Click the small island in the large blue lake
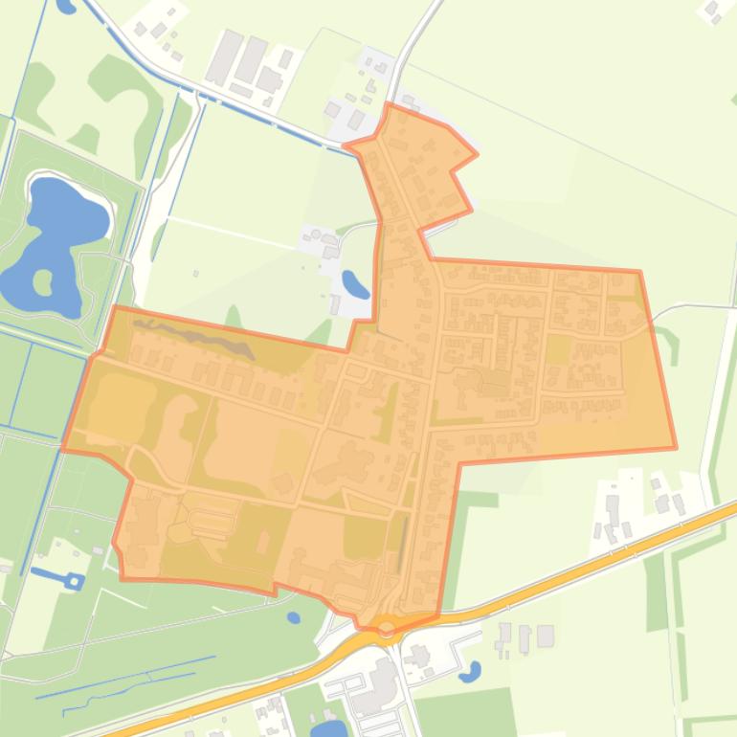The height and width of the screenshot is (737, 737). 42,281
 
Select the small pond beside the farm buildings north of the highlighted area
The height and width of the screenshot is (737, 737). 354,284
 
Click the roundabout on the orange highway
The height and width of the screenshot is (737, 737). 387,628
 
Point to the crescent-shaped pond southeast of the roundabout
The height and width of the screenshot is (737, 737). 470,673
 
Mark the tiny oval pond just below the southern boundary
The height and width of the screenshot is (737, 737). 294,617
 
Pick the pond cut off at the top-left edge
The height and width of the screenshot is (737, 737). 66,6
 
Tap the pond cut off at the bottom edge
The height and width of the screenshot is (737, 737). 328,729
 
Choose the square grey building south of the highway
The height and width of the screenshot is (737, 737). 546,636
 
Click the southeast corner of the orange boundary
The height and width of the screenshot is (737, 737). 676,447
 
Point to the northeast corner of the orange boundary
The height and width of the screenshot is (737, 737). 638,272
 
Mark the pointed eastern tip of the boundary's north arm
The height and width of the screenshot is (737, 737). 477,153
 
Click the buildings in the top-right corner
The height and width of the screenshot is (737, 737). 713,11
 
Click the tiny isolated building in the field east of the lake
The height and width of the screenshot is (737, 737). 195,274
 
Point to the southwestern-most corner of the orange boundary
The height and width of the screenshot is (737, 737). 123,578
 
